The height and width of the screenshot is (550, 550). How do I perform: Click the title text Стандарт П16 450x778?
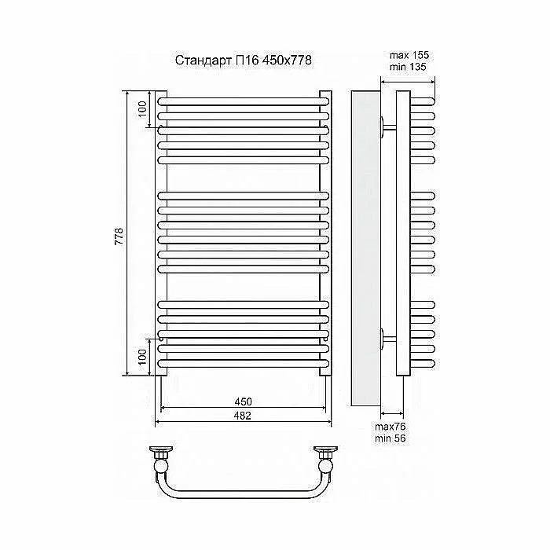click(243, 60)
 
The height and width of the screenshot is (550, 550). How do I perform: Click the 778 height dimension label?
click(119, 236)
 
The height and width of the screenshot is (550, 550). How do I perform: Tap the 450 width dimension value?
click(243, 401)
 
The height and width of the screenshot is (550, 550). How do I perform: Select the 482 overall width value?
click(243, 416)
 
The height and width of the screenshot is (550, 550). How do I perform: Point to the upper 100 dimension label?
click(142, 108)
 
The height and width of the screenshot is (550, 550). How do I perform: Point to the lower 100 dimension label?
click(142, 357)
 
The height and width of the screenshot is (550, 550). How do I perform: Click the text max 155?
click(409, 55)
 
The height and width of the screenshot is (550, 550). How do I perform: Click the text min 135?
click(408, 67)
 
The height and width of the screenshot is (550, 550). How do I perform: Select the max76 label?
click(390, 427)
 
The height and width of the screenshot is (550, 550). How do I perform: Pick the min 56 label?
click(390, 438)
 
